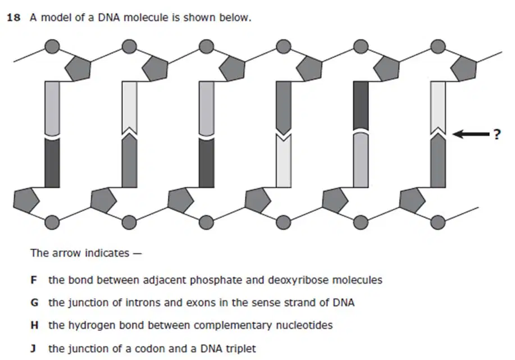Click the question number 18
13,17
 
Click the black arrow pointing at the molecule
471,134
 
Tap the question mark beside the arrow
497,134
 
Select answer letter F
34,280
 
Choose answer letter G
34,303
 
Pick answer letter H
34,325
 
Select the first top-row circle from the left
52,47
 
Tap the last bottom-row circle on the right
438,222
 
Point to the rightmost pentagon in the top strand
463,69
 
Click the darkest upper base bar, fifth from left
361,106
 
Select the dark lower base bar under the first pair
52,163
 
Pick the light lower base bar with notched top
284,161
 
